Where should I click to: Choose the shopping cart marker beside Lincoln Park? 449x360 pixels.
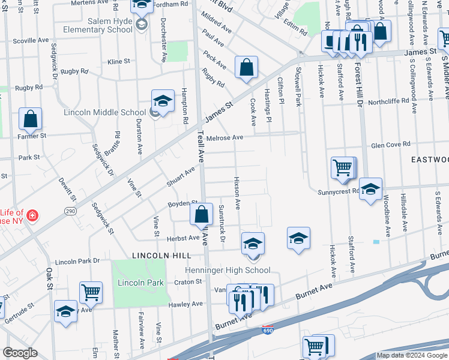[91, 293]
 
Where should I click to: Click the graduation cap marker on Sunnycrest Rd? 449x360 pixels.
[370, 189]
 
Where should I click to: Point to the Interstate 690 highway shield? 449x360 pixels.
[268, 330]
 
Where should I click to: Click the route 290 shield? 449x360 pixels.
[70, 211]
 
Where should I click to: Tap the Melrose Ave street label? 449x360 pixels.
[224, 137]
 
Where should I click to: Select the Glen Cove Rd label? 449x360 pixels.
[390, 145]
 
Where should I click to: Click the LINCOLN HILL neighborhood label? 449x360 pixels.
[140, 254]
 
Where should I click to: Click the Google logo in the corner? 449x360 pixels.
[20, 353]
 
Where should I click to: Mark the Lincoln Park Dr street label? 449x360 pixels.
[77, 262]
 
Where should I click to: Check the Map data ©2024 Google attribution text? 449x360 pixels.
[412, 355]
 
